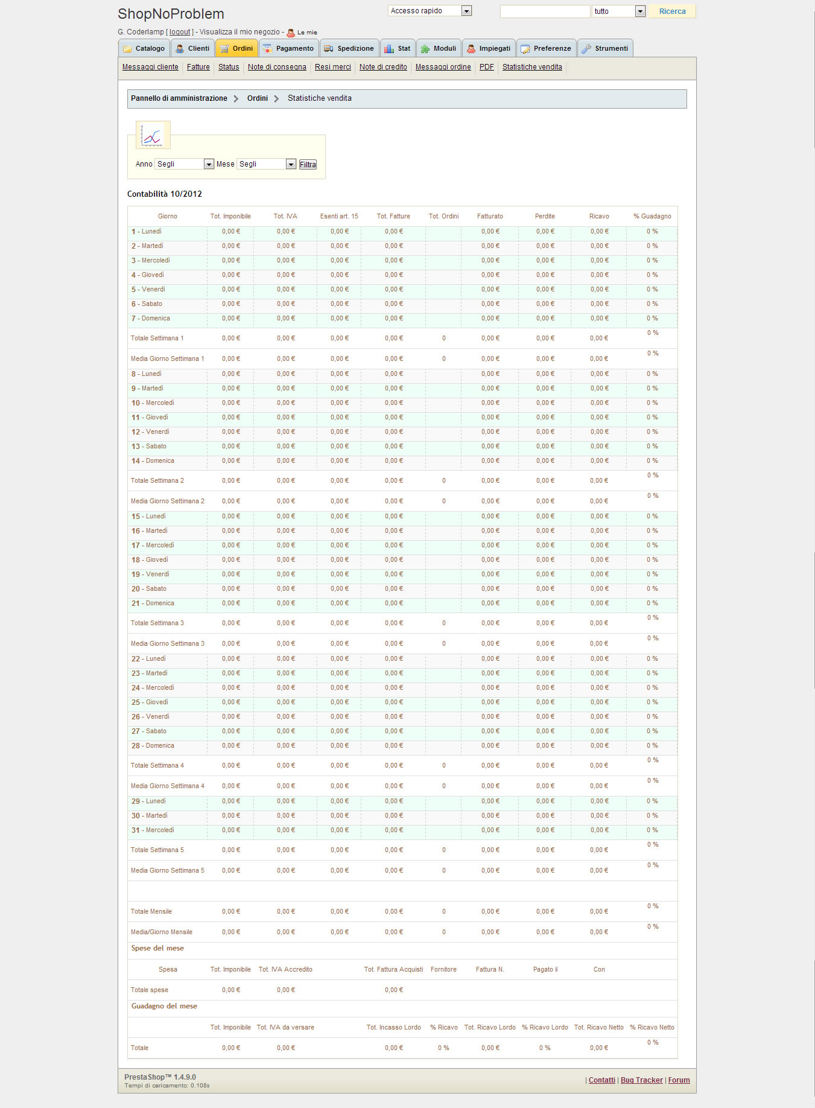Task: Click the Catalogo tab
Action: (x=144, y=48)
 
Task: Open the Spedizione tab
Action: (x=349, y=48)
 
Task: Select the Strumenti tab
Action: (x=605, y=48)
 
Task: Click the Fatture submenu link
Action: (x=198, y=67)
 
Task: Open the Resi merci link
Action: (x=332, y=67)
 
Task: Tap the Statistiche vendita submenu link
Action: (x=532, y=67)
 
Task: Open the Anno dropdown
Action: (x=185, y=164)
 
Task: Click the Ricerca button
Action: (x=672, y=11)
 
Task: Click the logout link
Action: (x=180, y=32)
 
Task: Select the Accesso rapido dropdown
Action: (x=430, y=11)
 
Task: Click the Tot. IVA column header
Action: (x=285, y=216)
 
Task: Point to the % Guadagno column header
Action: (x=652, y=216)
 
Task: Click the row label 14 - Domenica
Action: (x=153, y=461)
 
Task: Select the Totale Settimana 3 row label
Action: (x=157, y=623)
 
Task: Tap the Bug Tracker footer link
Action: (x=641, y=1080)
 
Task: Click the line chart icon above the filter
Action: (x=153, y=135)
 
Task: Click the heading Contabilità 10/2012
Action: (x=165, y=194)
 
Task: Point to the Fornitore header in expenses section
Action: (x=443, y=969)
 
